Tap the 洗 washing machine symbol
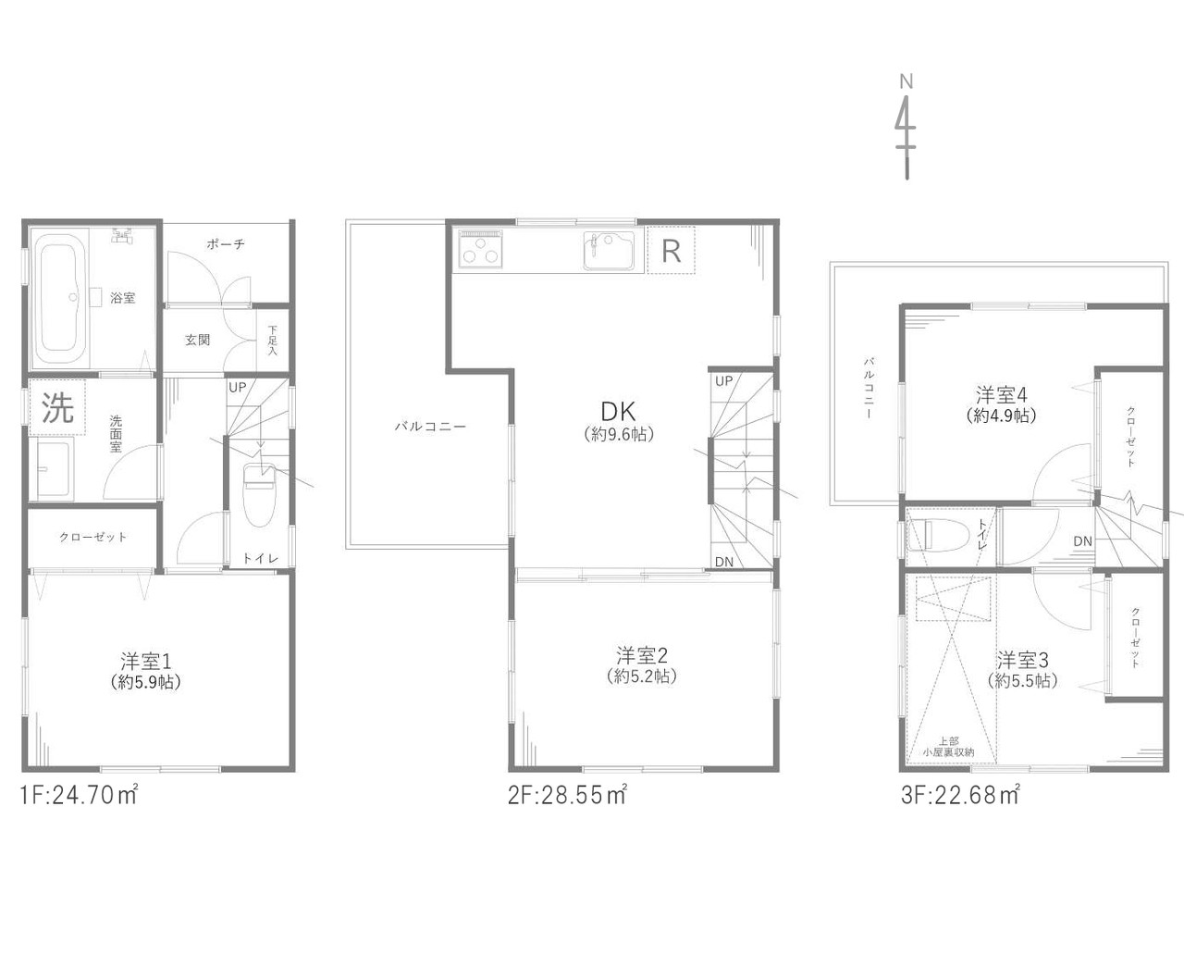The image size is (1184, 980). pyautogui.click(x=58, y=408)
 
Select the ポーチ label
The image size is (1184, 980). pyautogui.click(x=225, y=244)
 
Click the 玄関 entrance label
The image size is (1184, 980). pyautogui.click(x=197, y=340)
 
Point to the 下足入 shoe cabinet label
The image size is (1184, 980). pyautogui.click(x=273, y=340)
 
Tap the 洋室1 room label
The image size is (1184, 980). pyautogui.click(x=145, y=661)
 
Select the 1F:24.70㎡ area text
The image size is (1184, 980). pyautogui.click(x=79, y=795)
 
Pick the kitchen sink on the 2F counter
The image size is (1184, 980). pyautogui.click(x=609, y=252)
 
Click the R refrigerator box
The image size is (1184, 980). pyautogui.click(x=672, y=250)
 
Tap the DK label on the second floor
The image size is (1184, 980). pyautogui.click(x=618, y=412)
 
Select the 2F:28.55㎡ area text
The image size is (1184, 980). pyautogui.click(x=567, y=795)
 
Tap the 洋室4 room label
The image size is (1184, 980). pyautogui.click(x=1002, y=394)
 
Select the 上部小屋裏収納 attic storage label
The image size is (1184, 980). pyautogui.click(x=948, y=747)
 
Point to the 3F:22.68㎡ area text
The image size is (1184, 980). pyautogui.click(x=960, y=795)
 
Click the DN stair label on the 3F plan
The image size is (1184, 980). pyautogui.click(x=1082, y=541)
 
